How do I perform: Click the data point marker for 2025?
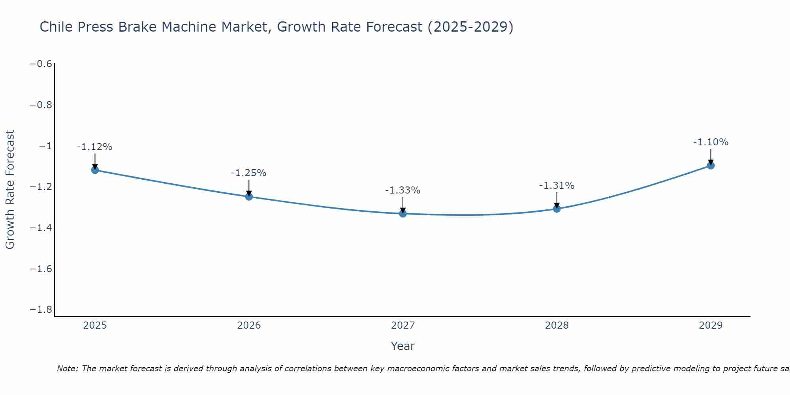point(95,170)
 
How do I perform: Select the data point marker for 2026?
point(249,196)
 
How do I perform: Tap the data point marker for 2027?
point(403,214)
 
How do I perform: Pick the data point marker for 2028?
point(557,209)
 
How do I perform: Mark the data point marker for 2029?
point(711,166)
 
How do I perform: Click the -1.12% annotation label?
point(94,147)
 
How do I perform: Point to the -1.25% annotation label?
point(248,173)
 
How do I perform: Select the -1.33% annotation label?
point(403,190)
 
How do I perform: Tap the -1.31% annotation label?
point(557,186)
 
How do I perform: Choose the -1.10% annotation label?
point(711,142)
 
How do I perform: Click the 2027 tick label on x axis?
point(403,325)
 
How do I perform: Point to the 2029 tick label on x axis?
point(711,325)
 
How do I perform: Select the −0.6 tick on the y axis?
point(41,64)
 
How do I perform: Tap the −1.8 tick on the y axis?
point(41,309)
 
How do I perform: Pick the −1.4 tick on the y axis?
point(41,228)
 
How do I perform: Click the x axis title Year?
point(403,346)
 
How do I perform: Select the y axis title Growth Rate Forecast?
point(10,190)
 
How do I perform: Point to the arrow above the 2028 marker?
point(557,199)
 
